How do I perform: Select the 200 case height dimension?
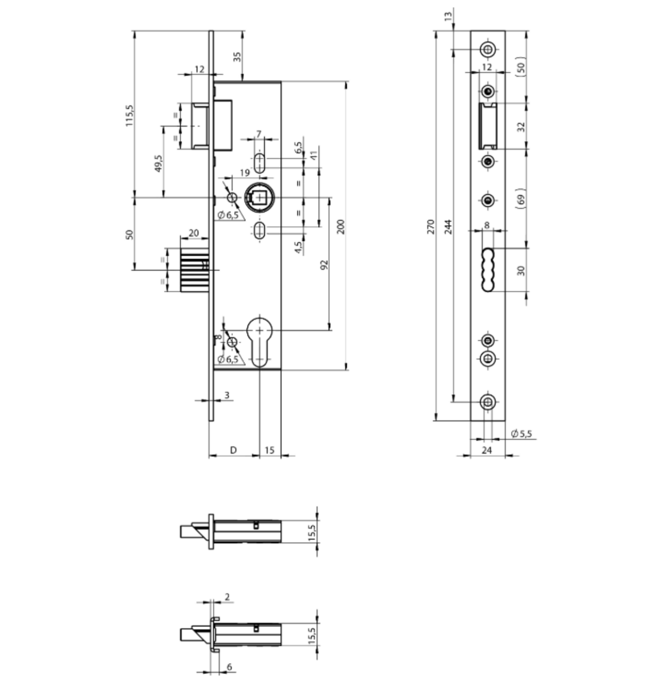(x=341, y=227)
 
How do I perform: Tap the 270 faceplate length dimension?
(x=430, y=227)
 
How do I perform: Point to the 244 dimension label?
(x=448, y=227)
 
